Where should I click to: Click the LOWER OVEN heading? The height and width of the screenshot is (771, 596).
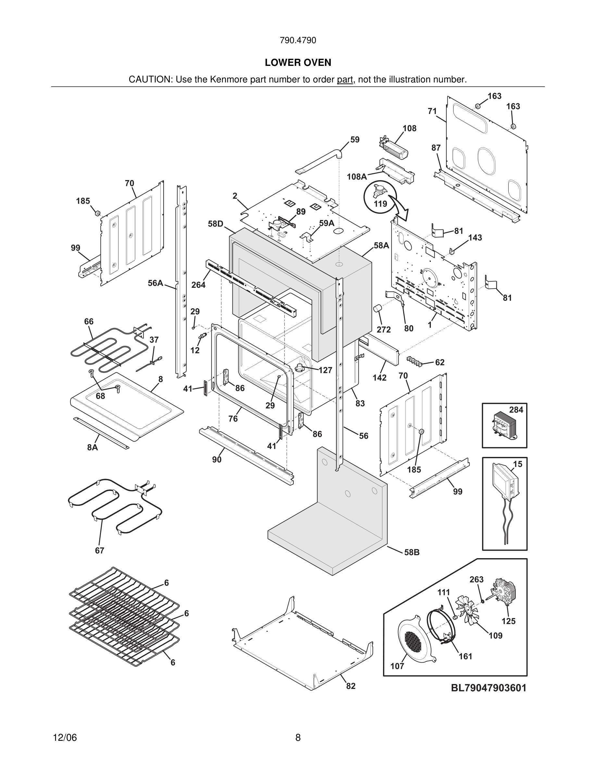pyautogui.click(x=298, y=63)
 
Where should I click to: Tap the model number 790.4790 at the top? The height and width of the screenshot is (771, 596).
pyautogui.click(x=298, y=41)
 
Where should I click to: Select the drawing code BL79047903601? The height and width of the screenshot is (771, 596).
pyautogui.click(x=488, y=688)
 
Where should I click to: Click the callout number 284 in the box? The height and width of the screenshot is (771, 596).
pyautogui.click(x=516, y=410)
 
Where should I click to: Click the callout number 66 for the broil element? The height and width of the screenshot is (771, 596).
pyautogui.click(x=89, y=322)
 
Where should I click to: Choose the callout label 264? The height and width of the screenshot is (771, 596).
pyautogui.click(x=198, y=285)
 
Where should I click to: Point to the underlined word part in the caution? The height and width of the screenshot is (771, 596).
pyautogui.click(x=345, y=80)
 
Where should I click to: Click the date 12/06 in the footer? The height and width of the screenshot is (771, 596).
pyautogui.click(x=65, y=738)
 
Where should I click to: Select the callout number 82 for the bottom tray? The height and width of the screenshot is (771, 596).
pyautogui.click(x=351, y=686)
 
